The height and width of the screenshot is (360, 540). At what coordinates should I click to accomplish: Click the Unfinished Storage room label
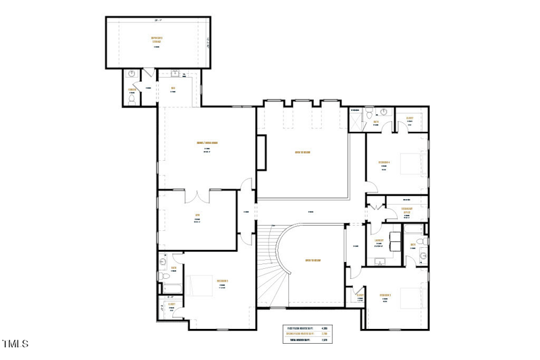pos(157,40)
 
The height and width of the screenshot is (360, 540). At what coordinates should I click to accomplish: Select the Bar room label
pos(173,88)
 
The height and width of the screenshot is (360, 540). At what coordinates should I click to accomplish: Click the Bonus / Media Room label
pos(207,143)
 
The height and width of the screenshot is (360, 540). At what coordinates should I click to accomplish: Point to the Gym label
pos(198,215)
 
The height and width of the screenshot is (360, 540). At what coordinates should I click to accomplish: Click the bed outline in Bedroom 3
pos(200,286)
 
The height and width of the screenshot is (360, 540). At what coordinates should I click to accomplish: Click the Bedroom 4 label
pos(384,163)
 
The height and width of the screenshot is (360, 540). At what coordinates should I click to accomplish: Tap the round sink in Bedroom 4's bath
pos(383,112)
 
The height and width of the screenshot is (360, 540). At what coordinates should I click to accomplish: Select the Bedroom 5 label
pos(386,295)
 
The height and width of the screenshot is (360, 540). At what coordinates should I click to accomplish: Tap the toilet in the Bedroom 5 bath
pos(418,241)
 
